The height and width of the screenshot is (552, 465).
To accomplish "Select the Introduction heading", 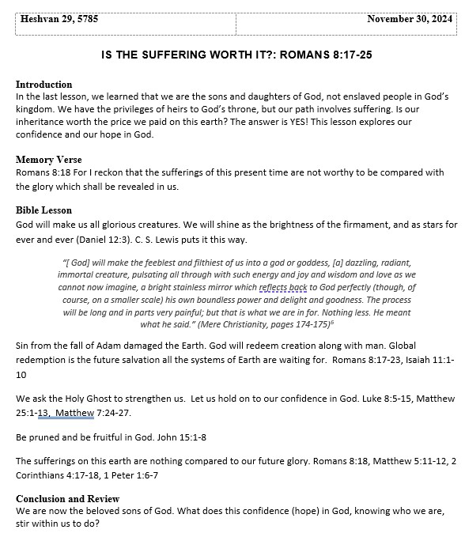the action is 43,85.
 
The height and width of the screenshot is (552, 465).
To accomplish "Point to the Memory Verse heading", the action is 47,160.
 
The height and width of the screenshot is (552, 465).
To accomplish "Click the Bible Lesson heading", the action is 43,210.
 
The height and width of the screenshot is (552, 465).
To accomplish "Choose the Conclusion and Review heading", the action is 67,499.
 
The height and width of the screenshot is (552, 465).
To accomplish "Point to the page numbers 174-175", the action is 315,324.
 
